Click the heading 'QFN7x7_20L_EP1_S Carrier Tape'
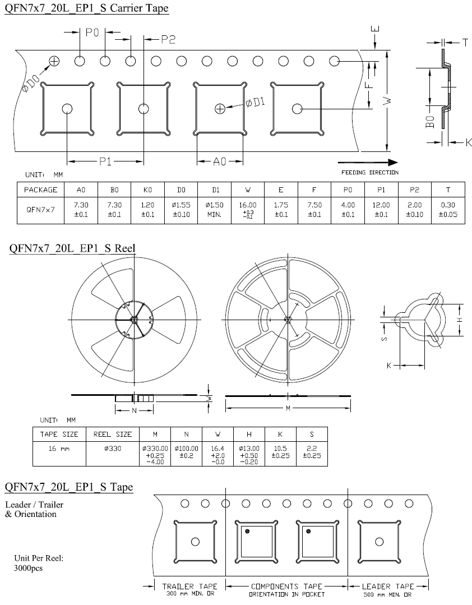coord(86,8)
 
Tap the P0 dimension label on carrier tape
coord(92,33)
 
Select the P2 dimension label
coord(168,39)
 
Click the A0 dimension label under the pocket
coord(219,161)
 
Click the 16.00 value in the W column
coord(248,206)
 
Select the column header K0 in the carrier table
coord(147,190)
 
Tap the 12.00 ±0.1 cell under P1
coord(381,210)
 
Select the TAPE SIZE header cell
coord(59,434)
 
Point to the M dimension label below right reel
coord(288,408)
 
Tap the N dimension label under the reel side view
coord(134,410)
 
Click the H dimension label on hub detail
coord(459,319)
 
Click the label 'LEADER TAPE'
coord(387,586)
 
